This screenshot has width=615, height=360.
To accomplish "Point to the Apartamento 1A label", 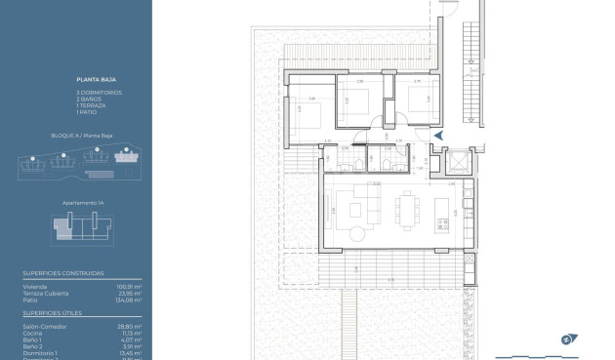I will pyautogui.click(x=76, y=202).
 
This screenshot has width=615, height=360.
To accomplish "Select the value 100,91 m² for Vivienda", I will pyautogui.click(x=130, y=287).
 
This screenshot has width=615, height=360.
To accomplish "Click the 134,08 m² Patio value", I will pyautogui.click(x=130, y=300).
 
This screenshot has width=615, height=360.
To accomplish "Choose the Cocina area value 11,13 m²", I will pyautogui.click(x=132, y=333).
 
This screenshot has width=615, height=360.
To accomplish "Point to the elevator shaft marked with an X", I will pyautogui.click(x=456, y=160).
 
